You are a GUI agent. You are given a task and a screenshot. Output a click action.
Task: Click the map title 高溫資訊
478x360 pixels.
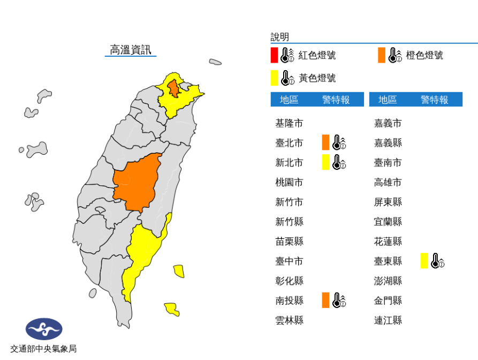(131, 50)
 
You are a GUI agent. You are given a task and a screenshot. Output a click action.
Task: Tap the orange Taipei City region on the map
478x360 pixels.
(173, 87)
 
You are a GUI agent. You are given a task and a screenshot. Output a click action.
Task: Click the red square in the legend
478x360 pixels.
(274, 55)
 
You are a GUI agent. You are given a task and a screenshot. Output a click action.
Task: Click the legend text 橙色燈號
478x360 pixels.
(424, 55)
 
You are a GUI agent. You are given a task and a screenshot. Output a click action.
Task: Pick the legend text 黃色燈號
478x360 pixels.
(317, 78)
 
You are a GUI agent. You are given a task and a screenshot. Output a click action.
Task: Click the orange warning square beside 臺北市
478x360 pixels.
(325, 142)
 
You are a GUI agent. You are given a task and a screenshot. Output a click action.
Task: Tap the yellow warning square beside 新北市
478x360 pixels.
(325, 162)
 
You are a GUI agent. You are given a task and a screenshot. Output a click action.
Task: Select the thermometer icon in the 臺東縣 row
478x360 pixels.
(438, 261)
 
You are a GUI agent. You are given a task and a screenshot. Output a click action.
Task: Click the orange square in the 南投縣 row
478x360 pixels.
(325, 300)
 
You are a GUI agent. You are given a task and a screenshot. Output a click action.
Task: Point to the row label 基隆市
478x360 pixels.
(289, 123)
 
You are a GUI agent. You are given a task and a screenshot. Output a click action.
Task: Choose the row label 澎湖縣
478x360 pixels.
(388, 281)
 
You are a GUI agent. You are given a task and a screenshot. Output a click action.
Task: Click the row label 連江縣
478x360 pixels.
(388, 320)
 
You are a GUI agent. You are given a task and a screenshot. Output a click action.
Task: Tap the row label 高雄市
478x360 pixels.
(388, 182)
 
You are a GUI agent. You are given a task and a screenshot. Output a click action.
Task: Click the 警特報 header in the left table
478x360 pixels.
(336, 100)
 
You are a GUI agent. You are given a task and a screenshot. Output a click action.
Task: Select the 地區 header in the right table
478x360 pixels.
(388, 100)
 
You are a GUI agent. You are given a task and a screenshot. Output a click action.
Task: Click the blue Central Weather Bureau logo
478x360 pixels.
(44, 329)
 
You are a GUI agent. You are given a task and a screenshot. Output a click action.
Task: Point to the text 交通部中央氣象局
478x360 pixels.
(43, 349)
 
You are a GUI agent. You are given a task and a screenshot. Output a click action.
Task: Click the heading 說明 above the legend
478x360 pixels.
(279, 37)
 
